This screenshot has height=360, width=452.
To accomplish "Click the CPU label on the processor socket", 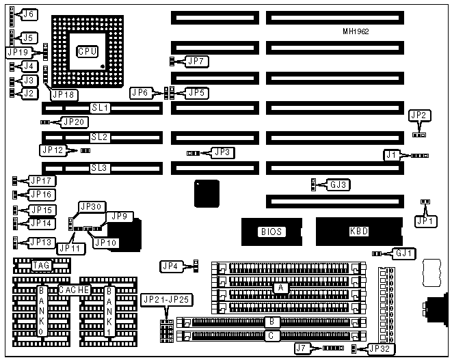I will click(x=87, y=51).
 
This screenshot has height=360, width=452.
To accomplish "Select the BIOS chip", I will click(x=270, y=232).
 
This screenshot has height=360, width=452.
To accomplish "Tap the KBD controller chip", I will click(x=359, y=232).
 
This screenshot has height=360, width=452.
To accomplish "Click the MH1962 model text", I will click(x=360, y=32).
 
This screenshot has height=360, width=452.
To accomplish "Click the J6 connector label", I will click(x=29, y=14).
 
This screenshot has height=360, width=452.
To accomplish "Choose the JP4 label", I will click(x=170, y=265).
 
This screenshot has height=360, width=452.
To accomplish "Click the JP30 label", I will click(x=91, y=206).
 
